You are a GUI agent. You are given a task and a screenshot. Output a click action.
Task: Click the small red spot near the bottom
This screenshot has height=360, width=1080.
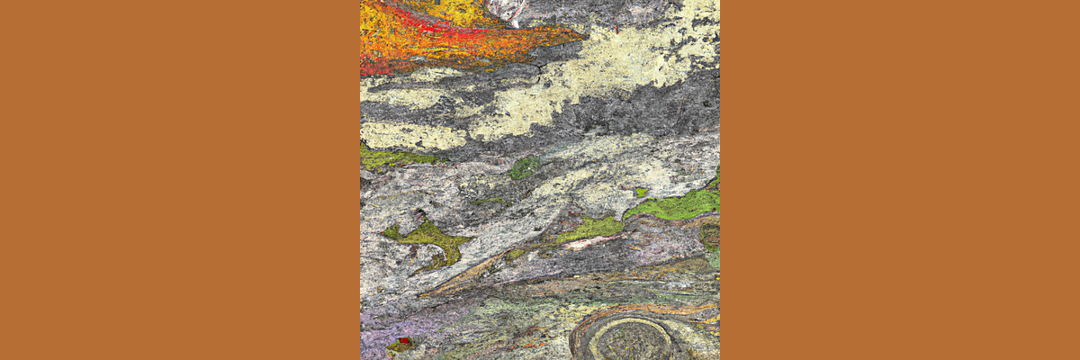point(404,341)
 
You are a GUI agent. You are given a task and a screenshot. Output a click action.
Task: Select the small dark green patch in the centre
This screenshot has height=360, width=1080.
point(524,167)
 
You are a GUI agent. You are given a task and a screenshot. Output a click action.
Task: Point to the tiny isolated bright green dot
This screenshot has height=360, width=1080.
point(640,192)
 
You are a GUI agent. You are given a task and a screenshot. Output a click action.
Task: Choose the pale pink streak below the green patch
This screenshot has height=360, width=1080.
point(589,242)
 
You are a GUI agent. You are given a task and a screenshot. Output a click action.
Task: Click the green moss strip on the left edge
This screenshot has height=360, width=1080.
point(387,157)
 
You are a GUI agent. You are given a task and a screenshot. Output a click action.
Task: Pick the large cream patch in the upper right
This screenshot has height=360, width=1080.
point(630,54)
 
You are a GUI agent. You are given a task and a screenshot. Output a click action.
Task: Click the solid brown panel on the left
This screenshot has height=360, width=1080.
point(180,180)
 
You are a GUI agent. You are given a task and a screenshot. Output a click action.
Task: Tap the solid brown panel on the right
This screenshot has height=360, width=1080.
point(900,180)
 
